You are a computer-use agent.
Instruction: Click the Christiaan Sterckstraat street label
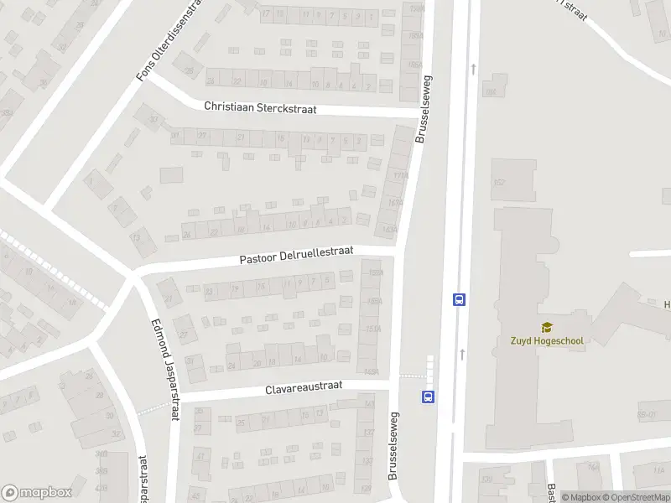point(260,108)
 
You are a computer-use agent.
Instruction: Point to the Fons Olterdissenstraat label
point(171,40)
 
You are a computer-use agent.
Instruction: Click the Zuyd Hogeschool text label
point(547,340)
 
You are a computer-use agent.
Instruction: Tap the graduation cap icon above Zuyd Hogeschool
point(547,327)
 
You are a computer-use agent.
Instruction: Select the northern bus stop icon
point(459,299)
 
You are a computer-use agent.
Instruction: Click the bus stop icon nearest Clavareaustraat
point(429,397)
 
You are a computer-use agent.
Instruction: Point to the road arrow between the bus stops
point(462,355)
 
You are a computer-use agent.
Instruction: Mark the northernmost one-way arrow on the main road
point(475,69)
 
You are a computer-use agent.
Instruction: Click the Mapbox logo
point(37,493)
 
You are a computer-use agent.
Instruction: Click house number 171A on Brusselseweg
point(401,175)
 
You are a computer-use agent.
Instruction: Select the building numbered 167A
point(394,202)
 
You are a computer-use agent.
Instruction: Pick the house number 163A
point(388,229)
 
